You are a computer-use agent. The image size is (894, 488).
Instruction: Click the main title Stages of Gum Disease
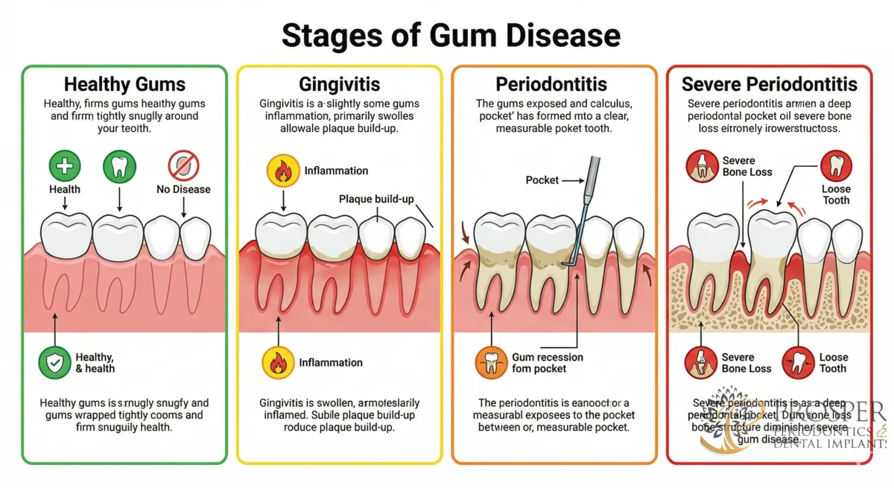[451, 35]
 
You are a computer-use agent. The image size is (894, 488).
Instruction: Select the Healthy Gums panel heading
[124, 84]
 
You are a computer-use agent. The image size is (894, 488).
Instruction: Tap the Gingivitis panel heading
[339, 84]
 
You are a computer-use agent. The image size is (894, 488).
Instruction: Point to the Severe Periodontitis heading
[770, 84]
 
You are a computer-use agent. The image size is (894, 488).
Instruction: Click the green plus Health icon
[65, 165]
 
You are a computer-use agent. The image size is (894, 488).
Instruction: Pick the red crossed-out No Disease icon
[183, 165]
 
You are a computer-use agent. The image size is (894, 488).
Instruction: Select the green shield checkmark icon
[54, 363]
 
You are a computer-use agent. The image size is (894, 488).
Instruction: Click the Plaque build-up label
[375, 199]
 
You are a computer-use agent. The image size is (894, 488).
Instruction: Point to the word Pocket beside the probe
[542, 180]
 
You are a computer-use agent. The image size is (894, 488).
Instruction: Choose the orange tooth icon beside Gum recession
[491, 363]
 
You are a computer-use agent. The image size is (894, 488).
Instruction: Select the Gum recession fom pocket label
[547, 363]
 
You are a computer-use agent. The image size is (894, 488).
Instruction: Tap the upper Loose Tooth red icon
[836, 165]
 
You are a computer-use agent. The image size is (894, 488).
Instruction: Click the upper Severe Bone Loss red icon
[701, 166]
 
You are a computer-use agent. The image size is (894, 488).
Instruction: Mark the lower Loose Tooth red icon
[797, 363]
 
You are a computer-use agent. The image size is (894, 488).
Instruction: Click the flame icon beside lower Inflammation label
[277, 363]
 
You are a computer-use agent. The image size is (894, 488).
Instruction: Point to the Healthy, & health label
[95, 363]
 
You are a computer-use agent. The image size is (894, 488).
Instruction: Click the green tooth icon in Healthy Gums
[120, 165]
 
